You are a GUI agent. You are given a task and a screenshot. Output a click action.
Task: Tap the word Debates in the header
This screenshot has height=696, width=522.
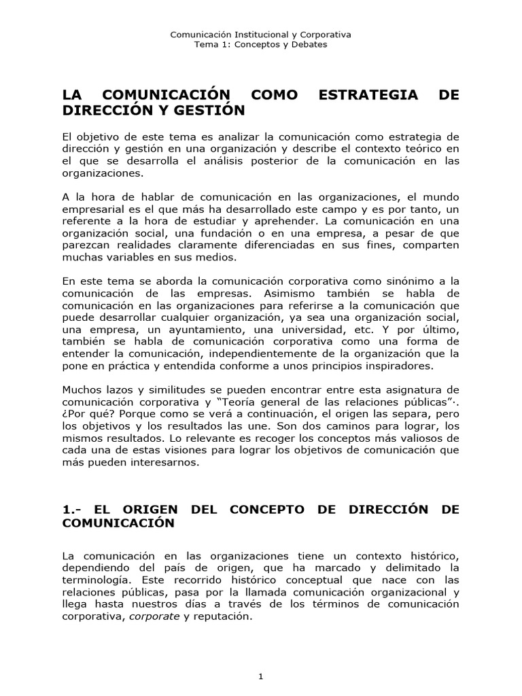click(309, 44)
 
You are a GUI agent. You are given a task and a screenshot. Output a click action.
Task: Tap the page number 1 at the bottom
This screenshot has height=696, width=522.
click(260, 657)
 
